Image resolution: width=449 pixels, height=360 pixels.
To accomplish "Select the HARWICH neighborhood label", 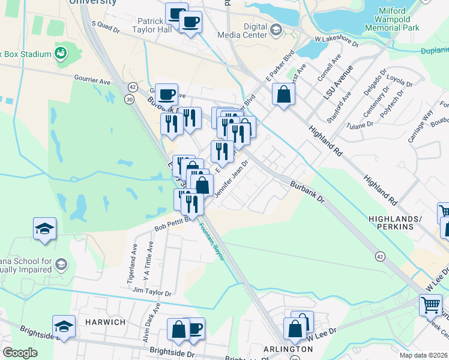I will (x=105, y=322).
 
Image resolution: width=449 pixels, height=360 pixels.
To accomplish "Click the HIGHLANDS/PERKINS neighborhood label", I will (x=404, y=223).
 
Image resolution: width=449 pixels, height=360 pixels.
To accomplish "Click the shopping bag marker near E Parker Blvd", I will (x=283, y=95).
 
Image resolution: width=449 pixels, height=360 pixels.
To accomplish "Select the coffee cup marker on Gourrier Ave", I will (x=166, y=94).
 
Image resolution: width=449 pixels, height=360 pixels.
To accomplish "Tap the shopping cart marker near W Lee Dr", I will (x=431, y=305).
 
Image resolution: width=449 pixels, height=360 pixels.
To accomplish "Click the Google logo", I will (x=20, y=353).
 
